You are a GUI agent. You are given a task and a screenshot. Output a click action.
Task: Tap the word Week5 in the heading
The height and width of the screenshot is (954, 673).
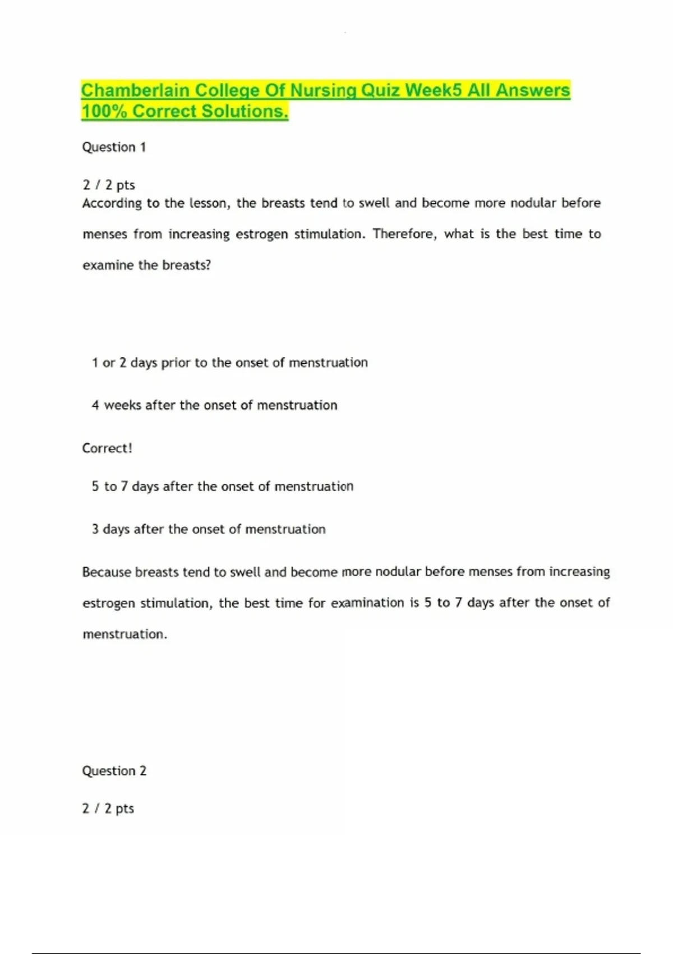tap(434, 90)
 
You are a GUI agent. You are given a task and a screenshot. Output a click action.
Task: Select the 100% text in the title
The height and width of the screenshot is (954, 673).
tap(104, 111)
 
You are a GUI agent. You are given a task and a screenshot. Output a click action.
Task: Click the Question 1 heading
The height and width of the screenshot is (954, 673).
tap(114, 147)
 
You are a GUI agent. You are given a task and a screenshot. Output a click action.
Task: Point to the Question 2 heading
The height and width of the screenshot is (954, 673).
tap(114, 770)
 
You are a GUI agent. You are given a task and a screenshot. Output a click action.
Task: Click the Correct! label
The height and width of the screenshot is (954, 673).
tap(107, 448)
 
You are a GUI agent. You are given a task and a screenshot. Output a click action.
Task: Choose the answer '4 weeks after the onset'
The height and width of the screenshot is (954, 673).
tap(215, 405)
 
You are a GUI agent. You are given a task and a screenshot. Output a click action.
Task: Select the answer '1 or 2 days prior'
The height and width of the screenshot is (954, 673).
tap(230, 363)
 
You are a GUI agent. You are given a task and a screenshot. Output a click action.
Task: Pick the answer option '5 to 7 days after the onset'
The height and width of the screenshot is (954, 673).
tap(223, 486)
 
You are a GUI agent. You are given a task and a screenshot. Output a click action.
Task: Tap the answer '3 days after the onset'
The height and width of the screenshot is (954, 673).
tap(209, 529)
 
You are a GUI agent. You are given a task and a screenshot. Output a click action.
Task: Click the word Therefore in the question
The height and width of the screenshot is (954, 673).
tap(404, 233)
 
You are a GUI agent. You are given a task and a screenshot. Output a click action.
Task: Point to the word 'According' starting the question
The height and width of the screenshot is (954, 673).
tap(112, 203)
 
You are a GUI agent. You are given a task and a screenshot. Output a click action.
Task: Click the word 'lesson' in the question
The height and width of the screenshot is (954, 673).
tap(209, 203)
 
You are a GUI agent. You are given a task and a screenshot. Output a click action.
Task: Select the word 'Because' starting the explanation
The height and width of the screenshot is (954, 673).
tap(107, 572)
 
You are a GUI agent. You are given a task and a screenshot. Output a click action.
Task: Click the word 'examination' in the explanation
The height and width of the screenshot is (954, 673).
tap(367, 603)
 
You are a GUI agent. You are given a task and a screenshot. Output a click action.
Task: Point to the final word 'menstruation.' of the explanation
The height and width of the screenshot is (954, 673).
tap(125, 634)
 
